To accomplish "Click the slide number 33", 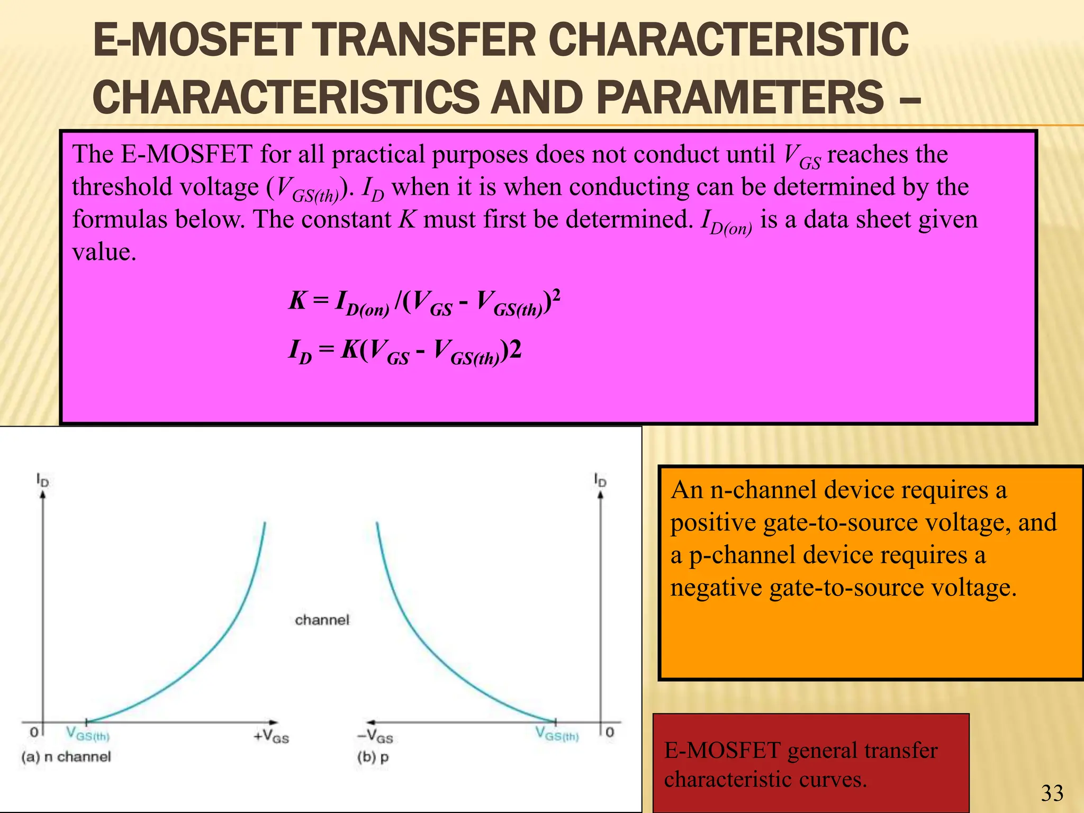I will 1052,793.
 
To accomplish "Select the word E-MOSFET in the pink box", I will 186,155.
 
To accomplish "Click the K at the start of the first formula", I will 297,301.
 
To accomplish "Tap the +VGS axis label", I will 271,736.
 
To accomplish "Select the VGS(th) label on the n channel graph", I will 88,734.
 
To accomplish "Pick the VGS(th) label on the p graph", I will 557,734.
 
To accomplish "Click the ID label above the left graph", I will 43,480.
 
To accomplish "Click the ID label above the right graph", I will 600,480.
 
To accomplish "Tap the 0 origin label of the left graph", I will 34,732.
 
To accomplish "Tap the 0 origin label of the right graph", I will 610,732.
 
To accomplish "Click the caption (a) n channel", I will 66,757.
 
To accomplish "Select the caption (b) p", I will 373,757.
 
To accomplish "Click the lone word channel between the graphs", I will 322,620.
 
